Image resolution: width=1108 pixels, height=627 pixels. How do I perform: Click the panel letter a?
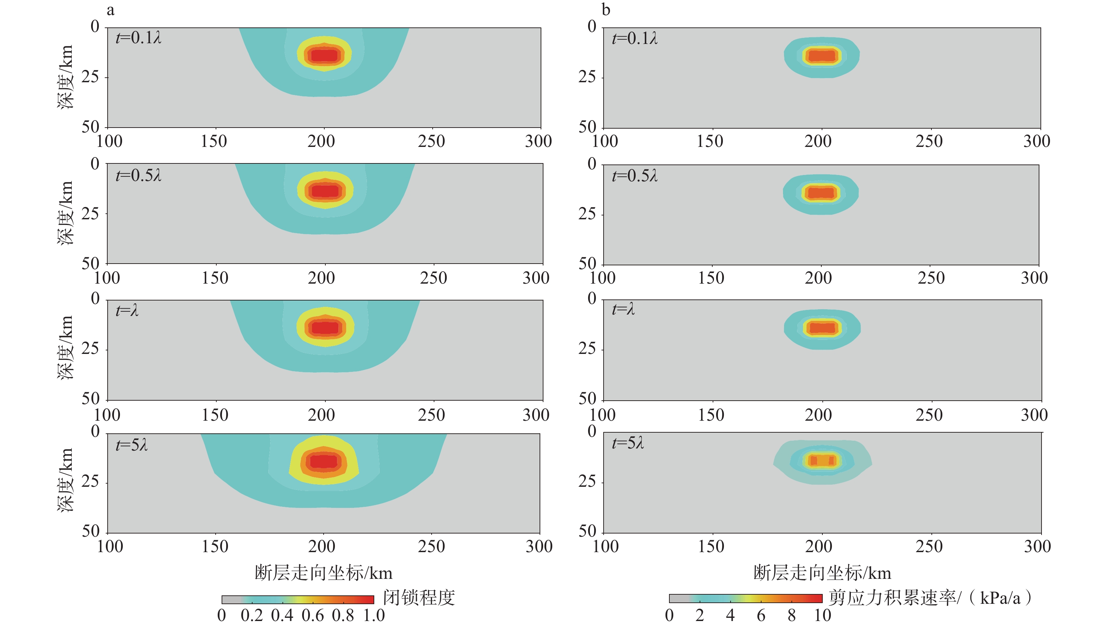(x=111, y=10)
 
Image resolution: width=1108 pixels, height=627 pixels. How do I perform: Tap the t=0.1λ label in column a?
(x=138, y=38)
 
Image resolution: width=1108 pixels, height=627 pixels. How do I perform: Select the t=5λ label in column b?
(x=628, y=443)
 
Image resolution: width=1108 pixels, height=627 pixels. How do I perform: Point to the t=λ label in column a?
(x=127, y=310)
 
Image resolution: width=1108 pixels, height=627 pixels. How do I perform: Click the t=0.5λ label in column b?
(x=635, y=176)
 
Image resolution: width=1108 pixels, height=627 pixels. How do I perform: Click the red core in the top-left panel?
(x=324, y=56)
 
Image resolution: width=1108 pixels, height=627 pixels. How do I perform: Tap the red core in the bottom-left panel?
(x=324, y=461)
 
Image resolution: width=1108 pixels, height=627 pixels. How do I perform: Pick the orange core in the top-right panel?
(x=822, y=56)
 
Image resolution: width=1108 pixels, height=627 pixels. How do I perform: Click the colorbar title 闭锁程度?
(x=419, y=598)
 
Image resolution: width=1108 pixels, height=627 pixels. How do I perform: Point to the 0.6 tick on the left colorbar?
(x=312, y=615)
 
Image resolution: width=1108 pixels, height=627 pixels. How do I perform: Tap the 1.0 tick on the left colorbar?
(x=374, y=615)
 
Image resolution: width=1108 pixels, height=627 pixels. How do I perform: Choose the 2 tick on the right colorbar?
(x=700, y=615)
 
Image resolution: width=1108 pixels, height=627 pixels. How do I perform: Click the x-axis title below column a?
(x=324, y=573)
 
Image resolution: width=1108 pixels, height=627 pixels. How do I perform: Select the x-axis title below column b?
(x=822, y=573)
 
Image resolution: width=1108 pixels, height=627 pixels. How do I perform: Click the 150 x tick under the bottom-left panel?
(x=215, y=547)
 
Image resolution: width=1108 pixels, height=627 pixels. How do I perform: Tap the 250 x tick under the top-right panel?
(x=929, y=141)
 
